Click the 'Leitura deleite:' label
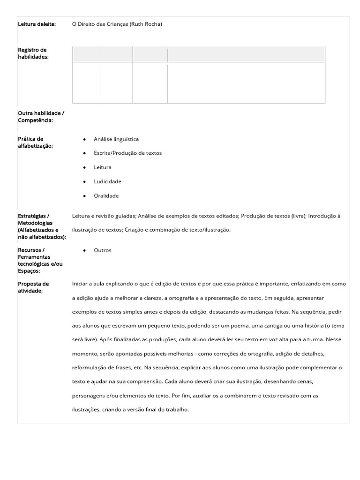[x=37, y=24]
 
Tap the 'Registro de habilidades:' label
[x=32, y=53]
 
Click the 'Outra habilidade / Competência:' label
[x=41, y=117]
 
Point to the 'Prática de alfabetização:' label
[x=35, y=142]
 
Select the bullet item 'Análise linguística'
[x=116, y=139]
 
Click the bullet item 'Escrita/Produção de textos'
[x=127, y=153]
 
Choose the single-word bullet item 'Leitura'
[x=103, y=167]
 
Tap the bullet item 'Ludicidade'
[x=107, y=181]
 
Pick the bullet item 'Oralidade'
[x=106, y=196]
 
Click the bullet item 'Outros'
[x=103, y=250]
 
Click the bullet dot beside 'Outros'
[x=84, y=250]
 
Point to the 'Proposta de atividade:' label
[x=33, y=287]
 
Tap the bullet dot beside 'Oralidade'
[x=84, y=196]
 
